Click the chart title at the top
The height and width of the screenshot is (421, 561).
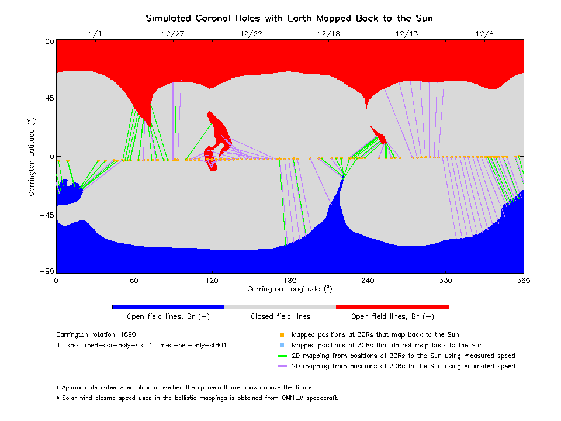point(289,19)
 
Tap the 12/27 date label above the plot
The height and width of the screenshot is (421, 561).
point(173,33)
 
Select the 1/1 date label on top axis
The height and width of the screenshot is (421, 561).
point(95,33)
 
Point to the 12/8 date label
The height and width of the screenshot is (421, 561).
point(485,33)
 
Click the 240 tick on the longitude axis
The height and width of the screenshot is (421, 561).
point(368,281)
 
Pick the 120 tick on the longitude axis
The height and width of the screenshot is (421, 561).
point(212,281)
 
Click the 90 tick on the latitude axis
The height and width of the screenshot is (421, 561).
point(49,41)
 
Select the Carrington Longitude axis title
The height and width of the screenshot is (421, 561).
point(289,289)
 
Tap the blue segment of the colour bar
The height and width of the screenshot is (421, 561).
point(168,306)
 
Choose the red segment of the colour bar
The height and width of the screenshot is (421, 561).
point(392,306)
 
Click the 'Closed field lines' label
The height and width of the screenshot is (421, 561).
point(280,316)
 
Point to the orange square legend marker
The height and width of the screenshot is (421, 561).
point(282,335)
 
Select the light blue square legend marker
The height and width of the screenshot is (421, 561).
point(282,346)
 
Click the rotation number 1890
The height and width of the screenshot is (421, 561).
point(128,335)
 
